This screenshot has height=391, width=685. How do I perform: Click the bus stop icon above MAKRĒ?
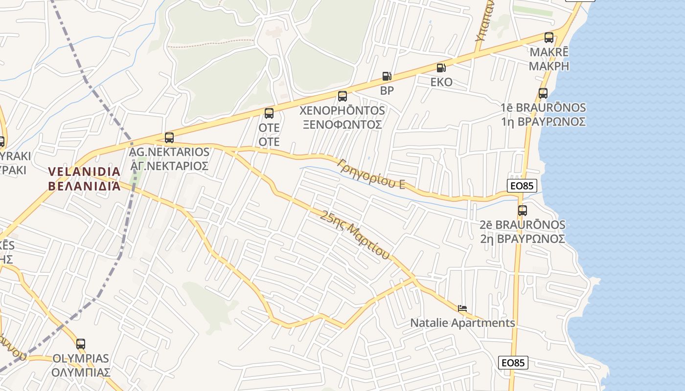549,38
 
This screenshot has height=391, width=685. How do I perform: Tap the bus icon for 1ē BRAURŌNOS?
543,93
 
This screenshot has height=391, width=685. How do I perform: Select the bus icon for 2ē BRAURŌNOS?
523,211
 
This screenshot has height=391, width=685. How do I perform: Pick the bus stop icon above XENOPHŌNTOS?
342,96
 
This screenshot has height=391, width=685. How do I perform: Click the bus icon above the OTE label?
269,113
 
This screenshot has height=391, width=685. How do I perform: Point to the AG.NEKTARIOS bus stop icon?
169,138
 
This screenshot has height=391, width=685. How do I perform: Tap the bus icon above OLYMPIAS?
81,344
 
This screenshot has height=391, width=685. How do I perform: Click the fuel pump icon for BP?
387,76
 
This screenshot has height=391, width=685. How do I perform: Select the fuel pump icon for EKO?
441,68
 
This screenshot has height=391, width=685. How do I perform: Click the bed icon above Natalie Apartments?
462,308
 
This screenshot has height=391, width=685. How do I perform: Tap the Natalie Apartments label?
462,323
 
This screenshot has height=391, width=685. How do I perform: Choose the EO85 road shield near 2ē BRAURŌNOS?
522,186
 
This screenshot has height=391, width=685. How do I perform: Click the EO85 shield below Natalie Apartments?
514,363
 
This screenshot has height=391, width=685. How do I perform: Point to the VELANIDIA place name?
85,172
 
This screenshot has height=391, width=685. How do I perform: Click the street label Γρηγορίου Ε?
371,174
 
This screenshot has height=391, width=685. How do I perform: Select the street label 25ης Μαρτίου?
356,235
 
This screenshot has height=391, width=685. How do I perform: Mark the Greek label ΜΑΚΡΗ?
549,66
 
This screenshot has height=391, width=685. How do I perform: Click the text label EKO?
441,82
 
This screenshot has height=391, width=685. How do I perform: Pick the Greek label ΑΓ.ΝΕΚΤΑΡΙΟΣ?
169,166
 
